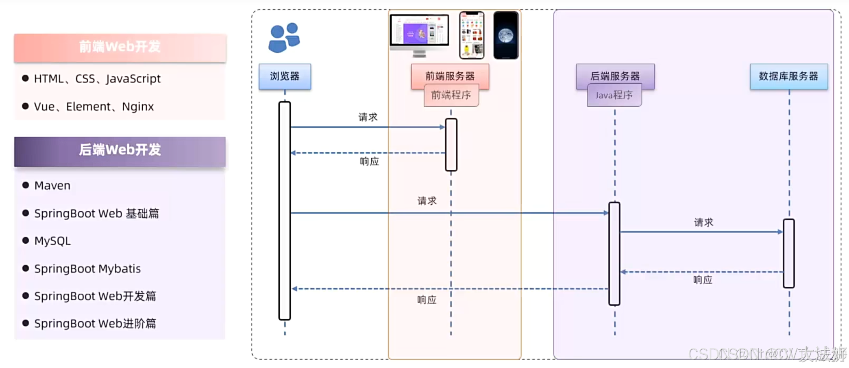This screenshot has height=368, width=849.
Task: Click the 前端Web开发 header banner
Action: point(120,47)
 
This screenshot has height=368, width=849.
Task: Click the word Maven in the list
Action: point(52,186)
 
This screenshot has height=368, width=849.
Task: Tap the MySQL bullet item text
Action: point(52,241)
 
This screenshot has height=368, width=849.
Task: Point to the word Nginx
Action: point(138,107)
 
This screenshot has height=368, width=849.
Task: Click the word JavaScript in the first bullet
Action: point(133,79)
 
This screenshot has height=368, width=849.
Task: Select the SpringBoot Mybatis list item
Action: point(87,269)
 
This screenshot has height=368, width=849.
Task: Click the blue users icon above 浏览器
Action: point(284,38)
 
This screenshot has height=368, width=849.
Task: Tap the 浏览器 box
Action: point(285,76)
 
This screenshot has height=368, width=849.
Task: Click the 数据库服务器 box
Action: point(788,76)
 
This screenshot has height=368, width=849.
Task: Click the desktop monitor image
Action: point(419,35)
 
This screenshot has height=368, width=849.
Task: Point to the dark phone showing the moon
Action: point(506,35)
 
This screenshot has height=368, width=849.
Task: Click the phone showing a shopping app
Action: point(472,35)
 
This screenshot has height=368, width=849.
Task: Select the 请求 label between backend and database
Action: point(703,223)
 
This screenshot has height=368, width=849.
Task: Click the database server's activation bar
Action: point(788,253)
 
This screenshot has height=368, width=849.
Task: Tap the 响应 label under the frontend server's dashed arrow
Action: point(369,162)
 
